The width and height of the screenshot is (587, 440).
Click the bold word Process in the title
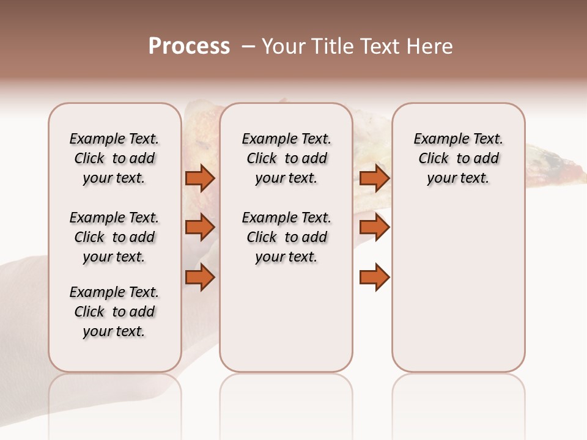tap(189, 46)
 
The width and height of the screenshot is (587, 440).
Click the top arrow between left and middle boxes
tap(200, 178)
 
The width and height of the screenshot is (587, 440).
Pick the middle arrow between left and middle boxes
tap(200, 227)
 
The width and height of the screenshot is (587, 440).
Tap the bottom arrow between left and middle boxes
tap(200, 277)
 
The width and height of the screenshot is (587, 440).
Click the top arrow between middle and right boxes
tap(374, 178)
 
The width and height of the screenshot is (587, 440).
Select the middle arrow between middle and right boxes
tap(374, 227)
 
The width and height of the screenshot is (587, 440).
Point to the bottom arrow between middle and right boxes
tap(374, 277)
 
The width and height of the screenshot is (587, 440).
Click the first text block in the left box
tap(114, 158)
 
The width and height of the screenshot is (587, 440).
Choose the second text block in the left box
tap(114, 237)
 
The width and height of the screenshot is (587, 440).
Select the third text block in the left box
tap(114, 312)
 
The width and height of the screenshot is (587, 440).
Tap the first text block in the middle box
tap(286, 158)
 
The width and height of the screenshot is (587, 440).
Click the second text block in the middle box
tap(286, 237)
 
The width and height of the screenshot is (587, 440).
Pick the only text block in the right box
tap(458, 158)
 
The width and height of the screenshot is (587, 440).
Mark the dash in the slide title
tap(248, 46)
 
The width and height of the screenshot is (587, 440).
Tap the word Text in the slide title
tap(378, 46)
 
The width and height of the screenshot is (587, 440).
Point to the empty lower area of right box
tap(458, 287)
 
